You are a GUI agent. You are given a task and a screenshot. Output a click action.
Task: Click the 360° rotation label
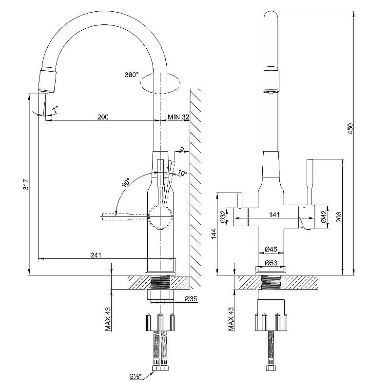pos(132,75)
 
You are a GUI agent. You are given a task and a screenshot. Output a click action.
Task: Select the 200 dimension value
pos(102,117)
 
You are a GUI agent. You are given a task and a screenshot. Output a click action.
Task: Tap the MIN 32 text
pos(178,117)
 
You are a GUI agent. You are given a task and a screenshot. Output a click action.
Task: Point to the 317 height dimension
pos(26,184)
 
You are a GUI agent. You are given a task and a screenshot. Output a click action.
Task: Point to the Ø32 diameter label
pos(223,216)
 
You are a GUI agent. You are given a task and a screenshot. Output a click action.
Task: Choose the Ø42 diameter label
pos(323,216)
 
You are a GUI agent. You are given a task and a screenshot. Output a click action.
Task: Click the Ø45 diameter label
pos(271,250)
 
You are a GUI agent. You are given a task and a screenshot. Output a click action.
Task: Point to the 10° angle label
pos(183,173)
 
